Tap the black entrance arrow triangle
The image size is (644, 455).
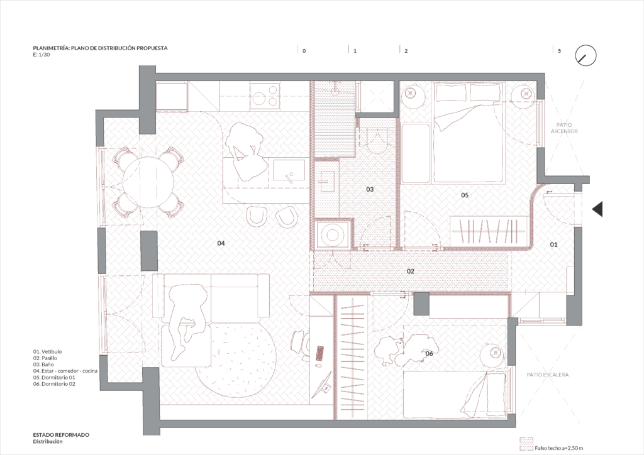coord(598,209)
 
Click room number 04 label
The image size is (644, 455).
coord(221,243)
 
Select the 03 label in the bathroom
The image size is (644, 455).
coord(370,189)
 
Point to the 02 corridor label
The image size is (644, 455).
coord(410,271)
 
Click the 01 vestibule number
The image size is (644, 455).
coord(553,244)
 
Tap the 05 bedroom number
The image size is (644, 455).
coord(465,195)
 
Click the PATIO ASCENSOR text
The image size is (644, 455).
coord(564,128)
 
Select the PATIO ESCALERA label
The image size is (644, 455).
coord(548,375)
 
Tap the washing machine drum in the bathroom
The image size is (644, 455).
coord(331,236)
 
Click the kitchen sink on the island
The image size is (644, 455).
coord(289,171)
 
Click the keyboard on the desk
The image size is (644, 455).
coord(319,353)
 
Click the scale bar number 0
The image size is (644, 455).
coord(304,52)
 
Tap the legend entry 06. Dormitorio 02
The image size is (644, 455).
coord(54,384)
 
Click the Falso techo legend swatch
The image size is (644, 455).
coord(526,444)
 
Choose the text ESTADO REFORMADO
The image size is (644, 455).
coord(61,435)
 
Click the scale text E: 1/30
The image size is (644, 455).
coord(42,55)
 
